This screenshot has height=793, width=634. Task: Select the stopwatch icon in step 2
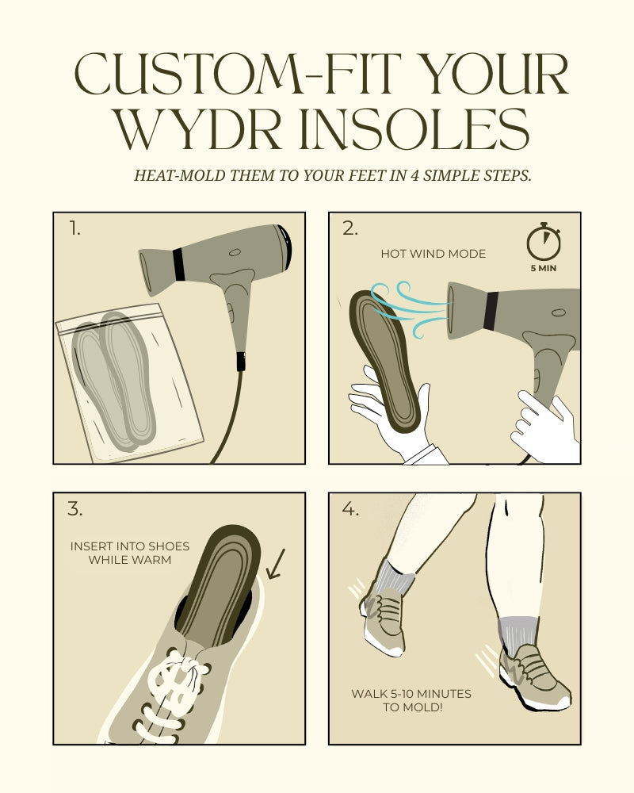[x=544, y=243]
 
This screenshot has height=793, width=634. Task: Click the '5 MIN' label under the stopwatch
[x=544, y=268]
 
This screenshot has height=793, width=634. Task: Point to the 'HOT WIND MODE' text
[x=433, y=254]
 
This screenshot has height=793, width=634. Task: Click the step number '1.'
[x=74, y=229]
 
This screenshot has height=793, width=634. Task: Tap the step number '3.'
[x=74, y=509]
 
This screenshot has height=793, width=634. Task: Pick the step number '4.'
[x=350, y=509]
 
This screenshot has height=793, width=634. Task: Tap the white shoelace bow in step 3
[x=174, y=678]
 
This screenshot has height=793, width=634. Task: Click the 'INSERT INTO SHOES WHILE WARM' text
[x=120, y=554]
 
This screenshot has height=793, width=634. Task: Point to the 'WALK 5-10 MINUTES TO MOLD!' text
[x=411, y=700]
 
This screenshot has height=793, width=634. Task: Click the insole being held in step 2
[x=387, y=357]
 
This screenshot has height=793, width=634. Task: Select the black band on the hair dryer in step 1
[x=178, y=264]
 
